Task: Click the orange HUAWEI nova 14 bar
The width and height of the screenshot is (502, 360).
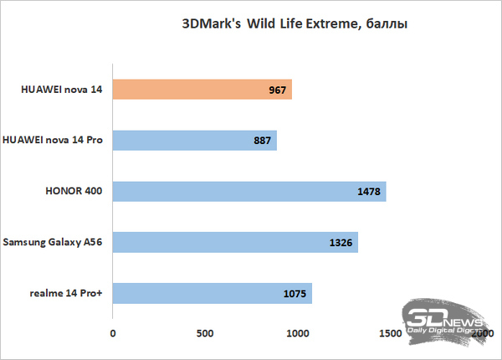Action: click(x=201, y=90)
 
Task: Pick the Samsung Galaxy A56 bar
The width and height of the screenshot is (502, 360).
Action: click(x=234, y=243)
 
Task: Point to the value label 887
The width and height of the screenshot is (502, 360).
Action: click(x=260, y=141)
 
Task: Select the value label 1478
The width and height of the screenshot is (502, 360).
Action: click(x=368, y=192)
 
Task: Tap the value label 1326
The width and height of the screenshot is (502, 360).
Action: click(x=341, y=244)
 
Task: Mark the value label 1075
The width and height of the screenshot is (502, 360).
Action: click(x=295, y=295)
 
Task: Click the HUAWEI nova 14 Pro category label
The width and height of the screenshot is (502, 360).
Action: click(x=53, y=140)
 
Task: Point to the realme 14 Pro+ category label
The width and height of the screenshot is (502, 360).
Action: click(x=64, y=294)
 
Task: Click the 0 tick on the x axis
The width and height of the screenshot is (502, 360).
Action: click(x=113, y=333)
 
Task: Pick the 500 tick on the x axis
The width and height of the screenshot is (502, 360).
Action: click(x=205, y=333)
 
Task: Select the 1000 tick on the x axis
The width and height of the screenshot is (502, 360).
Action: click(x=298, y=333)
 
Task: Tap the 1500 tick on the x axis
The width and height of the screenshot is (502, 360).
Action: click(x=390, y=333)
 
